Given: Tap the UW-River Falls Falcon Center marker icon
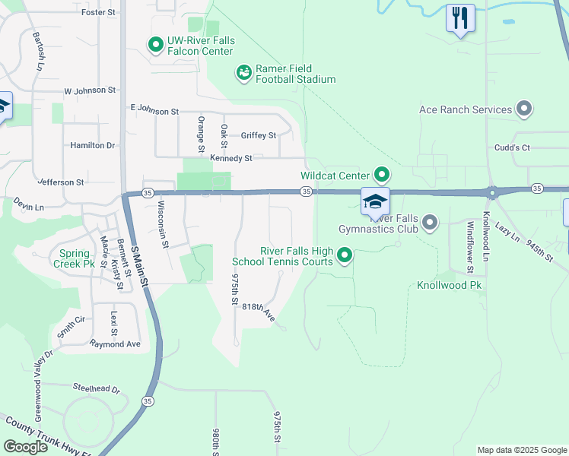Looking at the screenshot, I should coord(156,46).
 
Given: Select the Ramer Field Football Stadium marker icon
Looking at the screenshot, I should coord(243,73).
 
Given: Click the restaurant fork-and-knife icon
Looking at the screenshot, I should coord(460,17).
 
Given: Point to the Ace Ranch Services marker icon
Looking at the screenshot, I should coord(524,109).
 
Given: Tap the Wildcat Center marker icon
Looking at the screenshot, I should coord(382,176).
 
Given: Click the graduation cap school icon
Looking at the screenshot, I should coord(375,201).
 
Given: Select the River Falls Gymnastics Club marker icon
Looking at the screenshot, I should coord(430,223).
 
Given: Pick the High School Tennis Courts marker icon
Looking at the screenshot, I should coord(345,256).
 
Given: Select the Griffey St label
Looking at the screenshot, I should coord(259,136).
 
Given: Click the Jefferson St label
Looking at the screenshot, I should coord(60,182).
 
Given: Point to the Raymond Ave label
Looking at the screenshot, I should coord(115,344).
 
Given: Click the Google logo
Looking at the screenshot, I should coord(26,447).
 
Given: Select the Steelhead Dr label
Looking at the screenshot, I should coord(96,389).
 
